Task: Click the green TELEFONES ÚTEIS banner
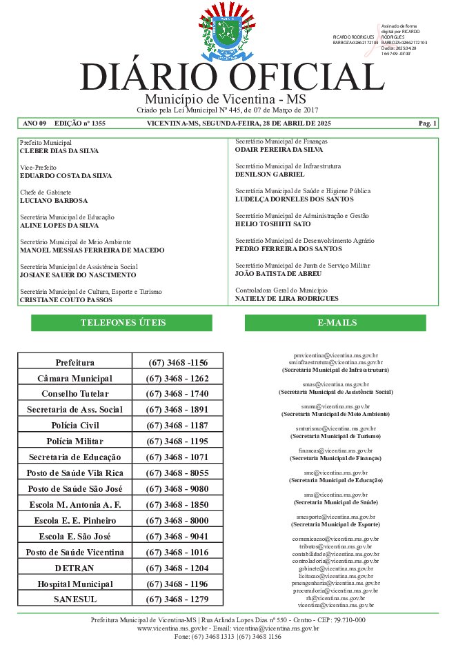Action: [x=122, y=323]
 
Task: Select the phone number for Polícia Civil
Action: [x=177, y=426]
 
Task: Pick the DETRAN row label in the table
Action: [x=75, y=568]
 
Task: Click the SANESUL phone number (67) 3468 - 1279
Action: [x=177, y=599]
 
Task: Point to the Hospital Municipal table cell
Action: [x=75, y=584]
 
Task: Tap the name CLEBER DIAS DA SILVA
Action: [x=59, y=150]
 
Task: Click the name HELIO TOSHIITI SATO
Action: [x=272, y=224]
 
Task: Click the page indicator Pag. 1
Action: [x=427, y=123]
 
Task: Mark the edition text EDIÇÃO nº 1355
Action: [x=80, y=123]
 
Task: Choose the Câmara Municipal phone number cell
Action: [x=177, y=379]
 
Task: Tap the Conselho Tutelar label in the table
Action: [x=75, y=394]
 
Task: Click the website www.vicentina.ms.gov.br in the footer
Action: [x=172, y=628]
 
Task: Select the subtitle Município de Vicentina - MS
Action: [x=227, y=99]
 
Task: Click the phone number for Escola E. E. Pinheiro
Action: [x=177, y=520]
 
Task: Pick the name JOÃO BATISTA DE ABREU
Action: [x=278, y=274]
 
